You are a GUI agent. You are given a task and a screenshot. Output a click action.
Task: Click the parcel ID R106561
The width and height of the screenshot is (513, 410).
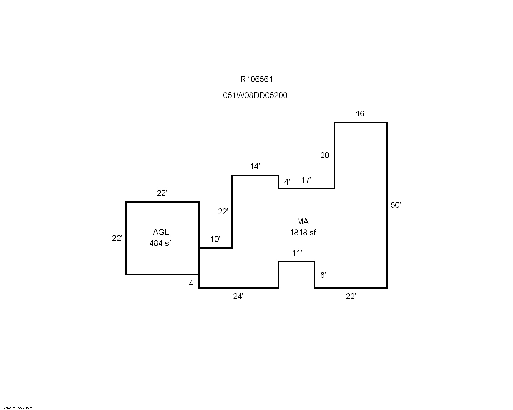tap(256, 79)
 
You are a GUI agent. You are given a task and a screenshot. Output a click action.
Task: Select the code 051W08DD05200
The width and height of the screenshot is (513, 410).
tap(255, 95)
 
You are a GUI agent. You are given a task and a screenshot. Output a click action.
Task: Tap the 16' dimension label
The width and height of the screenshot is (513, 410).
tap(360, 114)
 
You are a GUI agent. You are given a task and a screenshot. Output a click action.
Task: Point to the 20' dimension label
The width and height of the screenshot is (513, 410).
tap(325, 155)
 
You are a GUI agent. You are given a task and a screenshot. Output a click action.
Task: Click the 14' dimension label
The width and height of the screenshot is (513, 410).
tap(255, 167)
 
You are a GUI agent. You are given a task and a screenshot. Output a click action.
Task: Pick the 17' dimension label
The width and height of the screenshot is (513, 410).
tap(306, 180)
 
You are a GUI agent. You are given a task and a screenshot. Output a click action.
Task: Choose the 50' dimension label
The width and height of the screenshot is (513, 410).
tap(395, 205)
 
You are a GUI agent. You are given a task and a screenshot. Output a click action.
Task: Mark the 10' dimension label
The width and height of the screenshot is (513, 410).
tap(215, 239)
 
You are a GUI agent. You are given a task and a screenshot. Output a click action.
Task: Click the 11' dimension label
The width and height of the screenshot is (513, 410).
tap(297, 253)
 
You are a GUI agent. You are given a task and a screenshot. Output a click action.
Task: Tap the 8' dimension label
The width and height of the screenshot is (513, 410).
tap(323, 275)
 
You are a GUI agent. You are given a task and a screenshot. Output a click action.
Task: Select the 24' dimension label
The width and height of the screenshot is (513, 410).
tap(238, 296)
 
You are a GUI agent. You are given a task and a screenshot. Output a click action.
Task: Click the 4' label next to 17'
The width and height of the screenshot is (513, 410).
tap(287, 182)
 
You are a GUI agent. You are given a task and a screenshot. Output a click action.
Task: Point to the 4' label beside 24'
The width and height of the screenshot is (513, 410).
tap(192, 284)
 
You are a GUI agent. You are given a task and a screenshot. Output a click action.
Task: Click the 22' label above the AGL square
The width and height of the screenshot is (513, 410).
tap(162, 193)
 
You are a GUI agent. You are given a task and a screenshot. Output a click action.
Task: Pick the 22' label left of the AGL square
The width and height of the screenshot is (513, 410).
tap(117, 238)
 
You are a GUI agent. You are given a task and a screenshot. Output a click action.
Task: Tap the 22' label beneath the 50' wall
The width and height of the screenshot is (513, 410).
tap(351, 296)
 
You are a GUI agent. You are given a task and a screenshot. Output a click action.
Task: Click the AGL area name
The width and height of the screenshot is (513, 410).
tap(161, 232)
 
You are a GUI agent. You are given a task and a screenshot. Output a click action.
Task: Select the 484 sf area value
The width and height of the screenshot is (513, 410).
tap(160, 243)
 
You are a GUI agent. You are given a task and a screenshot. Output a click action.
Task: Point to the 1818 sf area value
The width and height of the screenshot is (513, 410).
tap(303, 233)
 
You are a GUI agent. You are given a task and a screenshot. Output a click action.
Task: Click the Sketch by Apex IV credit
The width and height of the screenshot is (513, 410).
tap(17, 408)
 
